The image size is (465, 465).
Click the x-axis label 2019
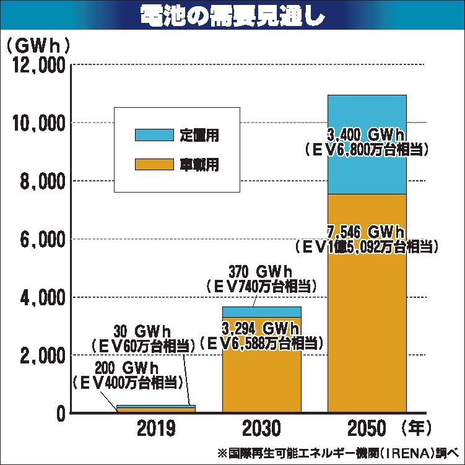tap(156, 428)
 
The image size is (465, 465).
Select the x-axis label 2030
tap(261, 428)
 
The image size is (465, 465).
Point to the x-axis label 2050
tap(367, 428)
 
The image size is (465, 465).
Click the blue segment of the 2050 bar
tap(367, 111)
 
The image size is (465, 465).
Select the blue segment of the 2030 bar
tap(261, 311)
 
